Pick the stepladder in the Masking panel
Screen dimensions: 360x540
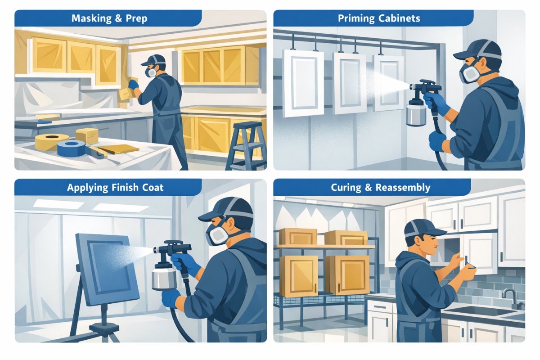[x=245, y=144]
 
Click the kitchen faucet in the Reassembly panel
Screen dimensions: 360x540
[x=511, y=298]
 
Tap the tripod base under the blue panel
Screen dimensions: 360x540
[x=101, y=331]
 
